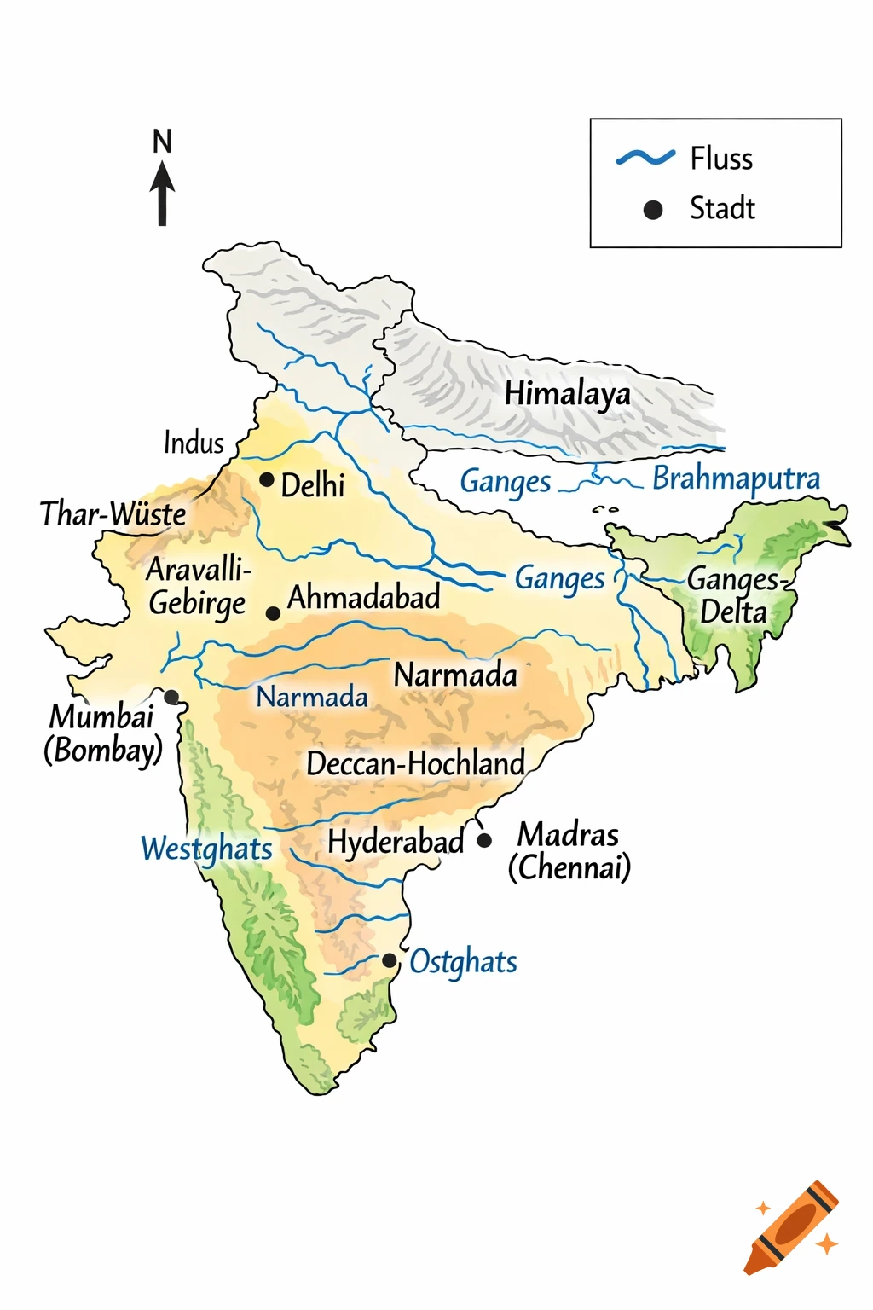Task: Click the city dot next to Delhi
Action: point(267,480)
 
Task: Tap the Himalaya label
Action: point(567,394)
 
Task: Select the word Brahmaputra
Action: point(736,479)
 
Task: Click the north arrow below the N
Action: point(162,194)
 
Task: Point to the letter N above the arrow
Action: point(162,142)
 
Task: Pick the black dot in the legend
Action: point(653,210)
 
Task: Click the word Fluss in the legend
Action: point(721,159)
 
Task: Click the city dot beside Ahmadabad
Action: point(273,613)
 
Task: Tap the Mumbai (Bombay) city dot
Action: point(171,697)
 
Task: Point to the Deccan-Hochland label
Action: point(415,764)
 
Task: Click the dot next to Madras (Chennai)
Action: point(484,840)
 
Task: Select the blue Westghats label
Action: point(206,849)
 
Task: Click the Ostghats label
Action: point(463,962)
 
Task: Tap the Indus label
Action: point(194,443)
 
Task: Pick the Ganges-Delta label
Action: point(734,595)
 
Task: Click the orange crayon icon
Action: point(791,1228)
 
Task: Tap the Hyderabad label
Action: point(396,843)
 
